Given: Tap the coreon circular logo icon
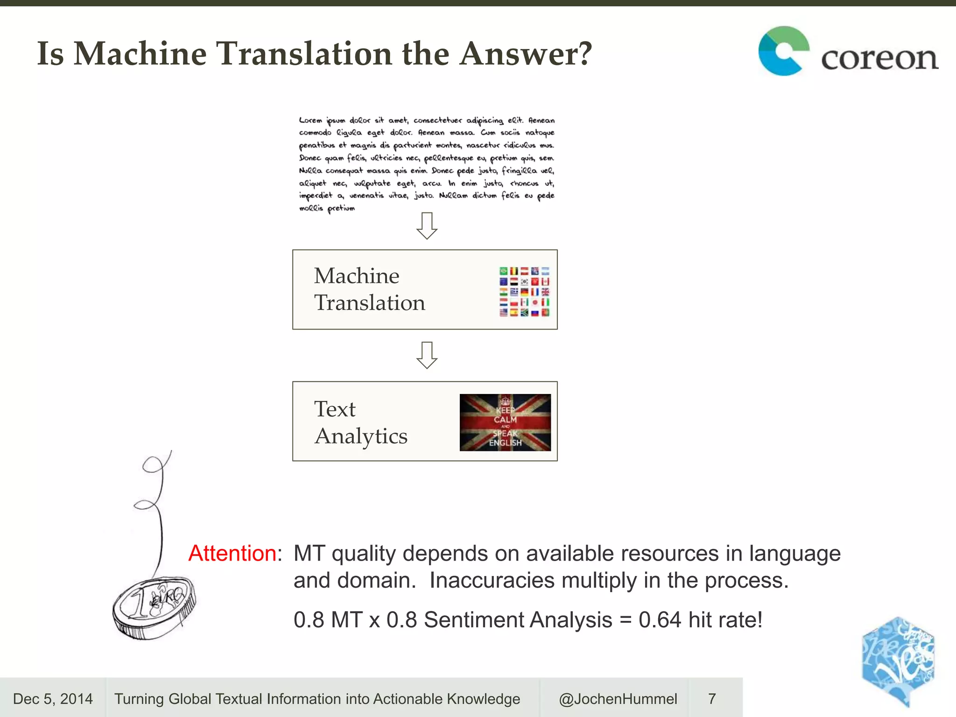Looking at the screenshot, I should (x=783, y=51).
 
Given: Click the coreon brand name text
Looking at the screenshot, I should (x=879, y=58).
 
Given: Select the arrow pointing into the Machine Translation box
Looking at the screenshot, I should (x=427, y=226).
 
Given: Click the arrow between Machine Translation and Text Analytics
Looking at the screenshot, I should (x=427, y=355).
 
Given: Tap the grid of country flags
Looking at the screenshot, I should (x=524, y=292).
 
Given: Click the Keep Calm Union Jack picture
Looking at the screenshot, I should (x=505, y=422).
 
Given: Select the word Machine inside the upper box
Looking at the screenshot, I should (x=357, y=276).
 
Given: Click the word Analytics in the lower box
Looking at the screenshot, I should (x=361, y=436).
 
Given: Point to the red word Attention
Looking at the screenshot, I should (x=232, y=554).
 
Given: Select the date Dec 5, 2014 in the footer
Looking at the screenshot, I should (x=53, y=699).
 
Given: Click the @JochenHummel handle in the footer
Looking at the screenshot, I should (x=618, y=699).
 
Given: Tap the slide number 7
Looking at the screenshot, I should (x=712, y=699).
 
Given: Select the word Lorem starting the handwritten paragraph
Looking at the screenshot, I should (x=310, y=120).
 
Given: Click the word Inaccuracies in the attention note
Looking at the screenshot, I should (x=492, y=581).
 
